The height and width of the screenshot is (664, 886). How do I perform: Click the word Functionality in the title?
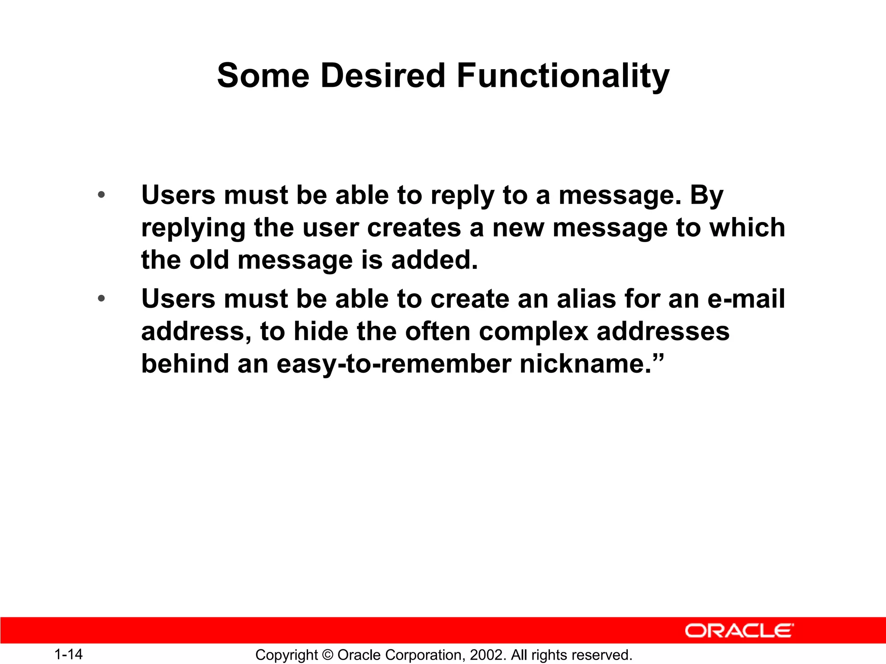[x=563, y=76]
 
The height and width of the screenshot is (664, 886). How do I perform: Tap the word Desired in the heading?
[x=382, y=76]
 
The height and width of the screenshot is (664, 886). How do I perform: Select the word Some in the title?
[x=263, y=76]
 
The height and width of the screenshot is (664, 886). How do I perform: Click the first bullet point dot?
[x=101, y=195]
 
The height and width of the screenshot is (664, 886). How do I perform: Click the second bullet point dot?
[x=101, y=299]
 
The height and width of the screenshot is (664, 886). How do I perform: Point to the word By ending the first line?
[x=706, y=196]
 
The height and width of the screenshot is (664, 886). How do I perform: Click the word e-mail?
[x=746, y=299]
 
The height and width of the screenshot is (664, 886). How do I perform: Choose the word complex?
[x=533, y=332]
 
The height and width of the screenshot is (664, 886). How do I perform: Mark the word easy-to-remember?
[x=394, y=364]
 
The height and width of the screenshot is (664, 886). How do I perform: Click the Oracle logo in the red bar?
[x=739, y=631]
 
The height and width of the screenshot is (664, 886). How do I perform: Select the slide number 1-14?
[x=68, y=654]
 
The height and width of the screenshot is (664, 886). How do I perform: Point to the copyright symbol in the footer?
[x=327, y=655]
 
